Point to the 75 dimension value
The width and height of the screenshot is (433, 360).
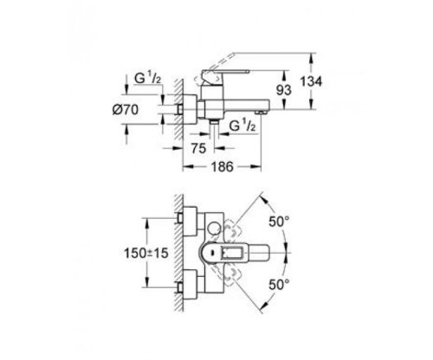click(198, 147)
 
